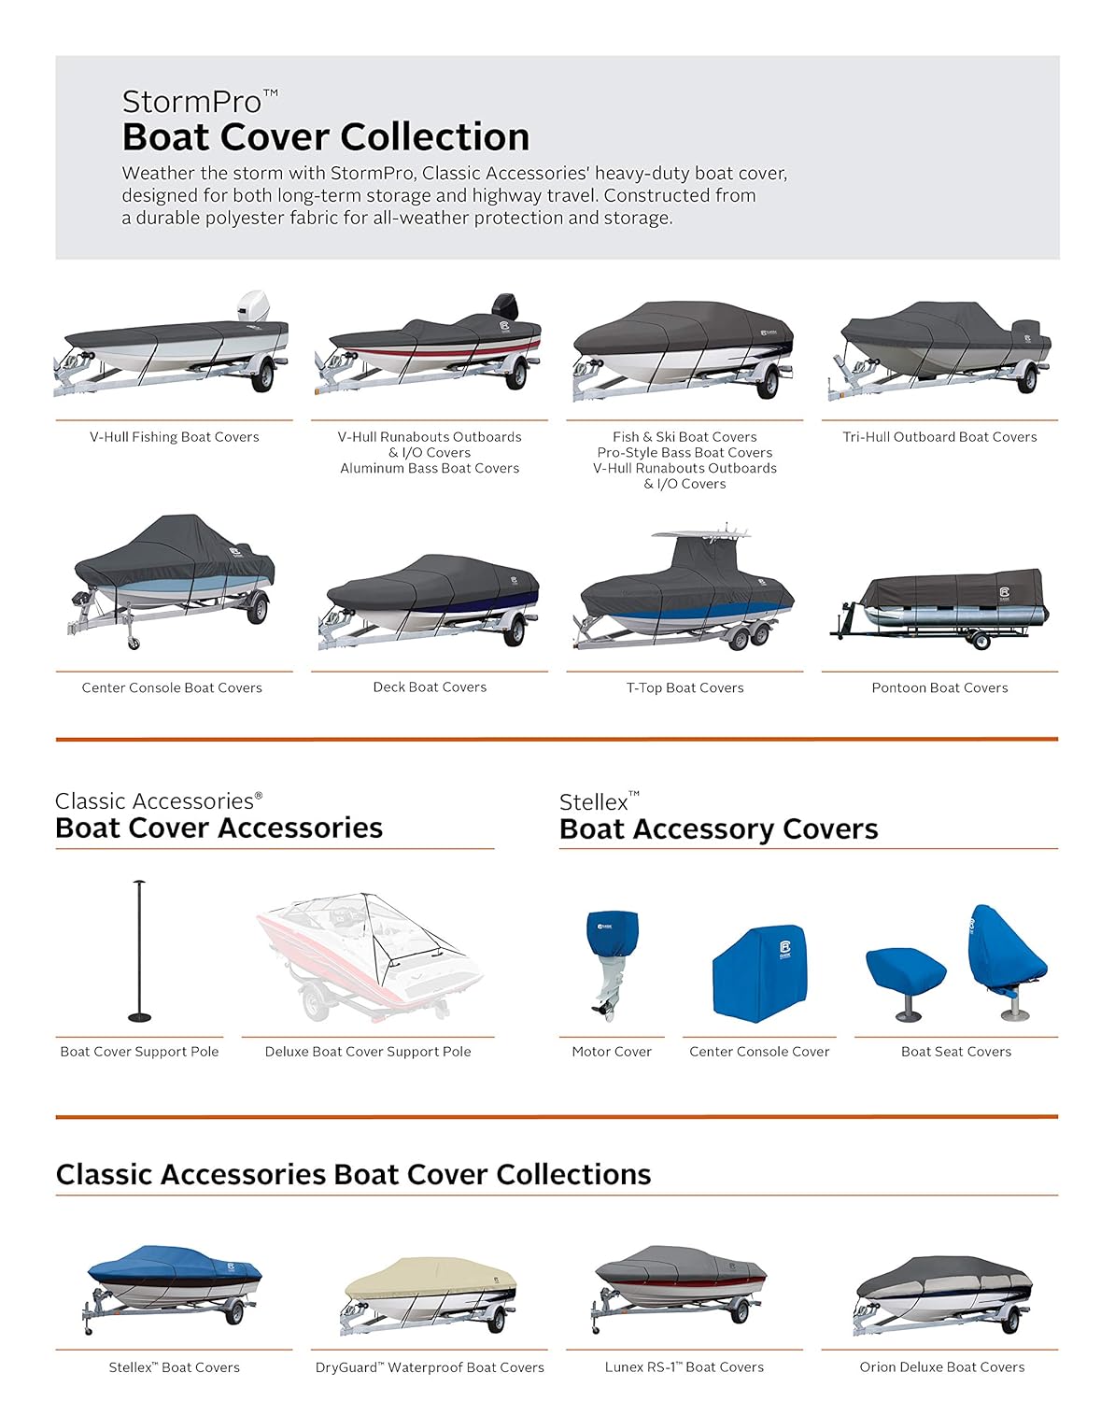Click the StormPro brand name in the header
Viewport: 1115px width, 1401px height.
(192, 102)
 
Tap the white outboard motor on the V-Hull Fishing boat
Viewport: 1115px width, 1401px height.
(252, 308)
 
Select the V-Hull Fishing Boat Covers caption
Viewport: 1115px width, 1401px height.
(175, 437)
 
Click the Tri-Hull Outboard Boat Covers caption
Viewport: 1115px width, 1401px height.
(939, 437)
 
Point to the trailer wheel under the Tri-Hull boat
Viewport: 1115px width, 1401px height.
(1028, 378)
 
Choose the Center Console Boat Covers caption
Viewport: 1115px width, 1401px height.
(172, 688)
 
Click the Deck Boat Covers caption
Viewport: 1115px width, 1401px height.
(430, 687)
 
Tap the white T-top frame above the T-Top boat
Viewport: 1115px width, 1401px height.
(702, 536)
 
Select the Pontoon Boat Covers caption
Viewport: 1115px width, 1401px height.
(939, 688)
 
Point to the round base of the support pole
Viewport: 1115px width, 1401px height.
(140, 1017)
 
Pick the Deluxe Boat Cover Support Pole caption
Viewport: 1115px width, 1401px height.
(368, 1052)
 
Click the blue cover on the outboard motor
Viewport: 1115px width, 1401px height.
(612, 934)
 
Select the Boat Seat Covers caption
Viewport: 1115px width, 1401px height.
(956, 1052)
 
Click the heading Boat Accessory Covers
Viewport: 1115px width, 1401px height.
(718, 829)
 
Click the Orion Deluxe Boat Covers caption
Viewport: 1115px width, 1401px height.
(941, 1367)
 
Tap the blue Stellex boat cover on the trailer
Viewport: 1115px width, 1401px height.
(173, 1266)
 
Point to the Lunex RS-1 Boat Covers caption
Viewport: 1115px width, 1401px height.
(685, 1367)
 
